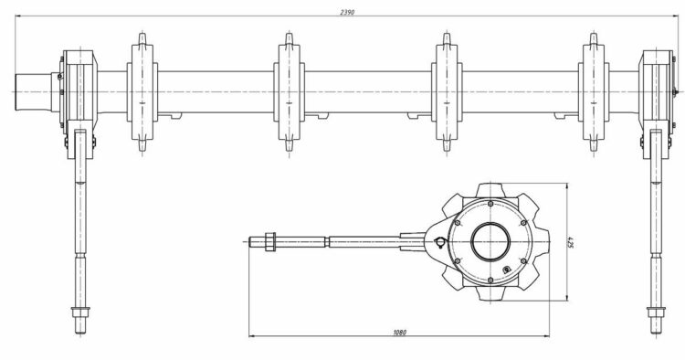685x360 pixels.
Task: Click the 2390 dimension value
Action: (347, 12)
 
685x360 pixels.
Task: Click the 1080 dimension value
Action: (399, 333)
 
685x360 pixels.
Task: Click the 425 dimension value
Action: (570, 241)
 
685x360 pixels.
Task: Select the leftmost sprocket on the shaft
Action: (142, 92)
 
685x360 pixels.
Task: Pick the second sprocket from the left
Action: (290, 92)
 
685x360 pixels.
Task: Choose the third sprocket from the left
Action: (447, 92)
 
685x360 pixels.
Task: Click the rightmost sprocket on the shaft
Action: (594, 92)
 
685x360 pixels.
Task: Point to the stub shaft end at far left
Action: (33, 91)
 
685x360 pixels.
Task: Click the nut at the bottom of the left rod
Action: (80, 312)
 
